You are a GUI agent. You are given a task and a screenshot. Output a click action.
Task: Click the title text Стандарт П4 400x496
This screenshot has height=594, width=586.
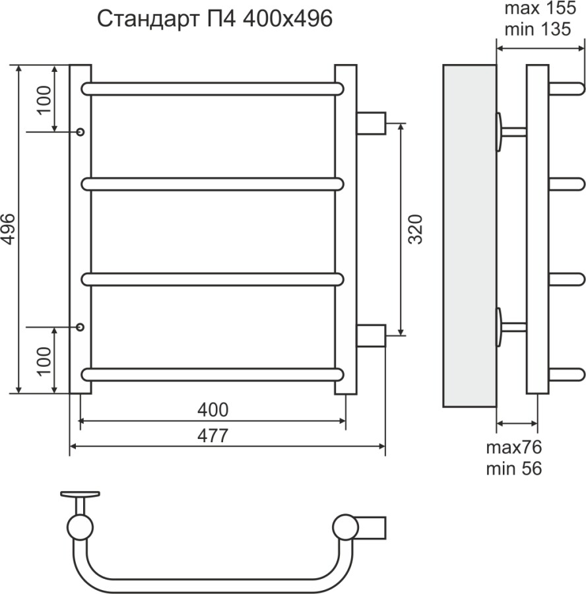(214, 19)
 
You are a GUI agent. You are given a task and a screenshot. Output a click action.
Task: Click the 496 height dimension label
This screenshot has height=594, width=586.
(9, 229)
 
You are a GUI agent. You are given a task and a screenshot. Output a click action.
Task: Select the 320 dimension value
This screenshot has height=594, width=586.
(416, 229)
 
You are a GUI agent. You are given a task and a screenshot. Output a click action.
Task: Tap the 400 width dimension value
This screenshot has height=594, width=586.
(212, 410)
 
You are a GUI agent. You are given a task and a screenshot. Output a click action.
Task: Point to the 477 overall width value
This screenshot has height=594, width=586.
(212, 436)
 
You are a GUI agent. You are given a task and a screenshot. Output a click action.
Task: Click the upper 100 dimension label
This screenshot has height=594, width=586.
(44, 99)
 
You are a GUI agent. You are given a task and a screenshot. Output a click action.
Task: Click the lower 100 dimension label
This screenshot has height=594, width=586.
(44, 360)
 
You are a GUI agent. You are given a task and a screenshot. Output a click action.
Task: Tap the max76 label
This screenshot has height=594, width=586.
(513, 447)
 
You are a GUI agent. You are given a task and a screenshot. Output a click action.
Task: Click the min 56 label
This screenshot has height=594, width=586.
(513, 469)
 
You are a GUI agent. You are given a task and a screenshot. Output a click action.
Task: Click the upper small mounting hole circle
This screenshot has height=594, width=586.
(81, 131)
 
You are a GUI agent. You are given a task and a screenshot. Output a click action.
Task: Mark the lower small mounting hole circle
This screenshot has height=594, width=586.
(81, 327)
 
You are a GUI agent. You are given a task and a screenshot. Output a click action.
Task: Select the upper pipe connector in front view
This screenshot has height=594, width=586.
(370, 123)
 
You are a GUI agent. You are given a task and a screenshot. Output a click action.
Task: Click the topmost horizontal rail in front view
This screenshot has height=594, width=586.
(212, 89)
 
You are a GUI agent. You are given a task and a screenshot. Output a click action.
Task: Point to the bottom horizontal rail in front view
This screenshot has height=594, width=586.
(212, 374)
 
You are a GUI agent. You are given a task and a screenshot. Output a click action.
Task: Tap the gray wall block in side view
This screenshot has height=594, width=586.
(469, 236)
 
